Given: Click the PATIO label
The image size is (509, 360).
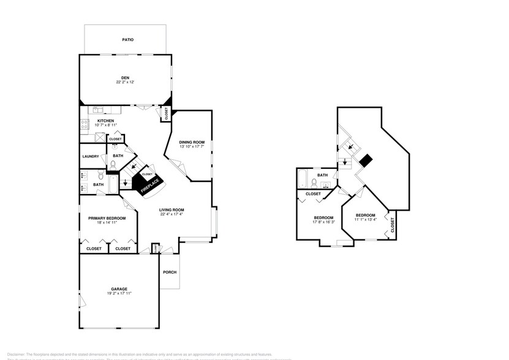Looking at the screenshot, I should pos(127,40).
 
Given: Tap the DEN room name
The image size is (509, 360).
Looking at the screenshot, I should pos(125,77).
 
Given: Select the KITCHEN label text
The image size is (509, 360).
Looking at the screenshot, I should pos(106,121).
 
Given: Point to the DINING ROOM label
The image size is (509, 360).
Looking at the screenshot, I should pos(192,142).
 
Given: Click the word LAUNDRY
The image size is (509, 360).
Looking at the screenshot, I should pos(91,157).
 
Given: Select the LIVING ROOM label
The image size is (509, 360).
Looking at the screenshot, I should pos(172,210).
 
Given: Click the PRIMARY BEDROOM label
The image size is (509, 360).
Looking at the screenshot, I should pos(107,219).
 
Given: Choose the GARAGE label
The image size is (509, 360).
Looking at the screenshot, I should pos(119,288).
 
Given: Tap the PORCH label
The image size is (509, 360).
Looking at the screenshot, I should pos(170,272).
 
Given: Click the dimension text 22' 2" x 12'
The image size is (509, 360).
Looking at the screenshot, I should pos(125,82).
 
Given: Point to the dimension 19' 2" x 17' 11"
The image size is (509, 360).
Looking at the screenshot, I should pos(119,293).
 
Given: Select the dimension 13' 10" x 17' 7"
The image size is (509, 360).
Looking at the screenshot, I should pos(192,147).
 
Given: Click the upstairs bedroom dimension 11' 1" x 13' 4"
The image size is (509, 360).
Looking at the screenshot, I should pos(365,220).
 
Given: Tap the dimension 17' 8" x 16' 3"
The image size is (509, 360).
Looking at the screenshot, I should pos(323,222).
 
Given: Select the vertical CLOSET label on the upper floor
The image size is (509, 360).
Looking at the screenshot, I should pos(393,225).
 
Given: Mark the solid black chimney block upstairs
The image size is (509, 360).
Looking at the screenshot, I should pos(366,160).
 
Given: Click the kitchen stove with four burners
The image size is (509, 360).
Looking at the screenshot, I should pos(83,124).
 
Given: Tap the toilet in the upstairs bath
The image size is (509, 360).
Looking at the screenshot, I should pos(314,184).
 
